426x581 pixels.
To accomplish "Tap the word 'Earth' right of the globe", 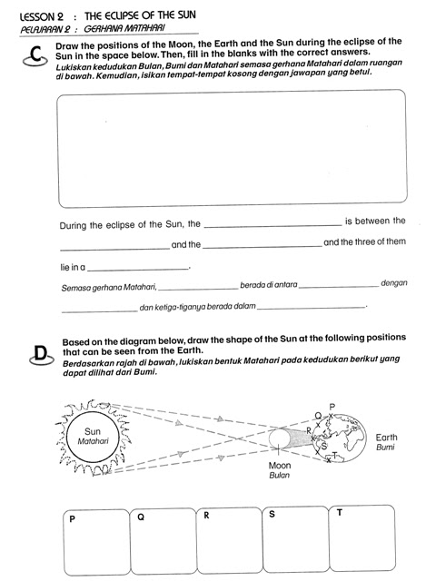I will tap(386, 437).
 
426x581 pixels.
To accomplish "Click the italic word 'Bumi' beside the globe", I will tap(385, 448).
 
